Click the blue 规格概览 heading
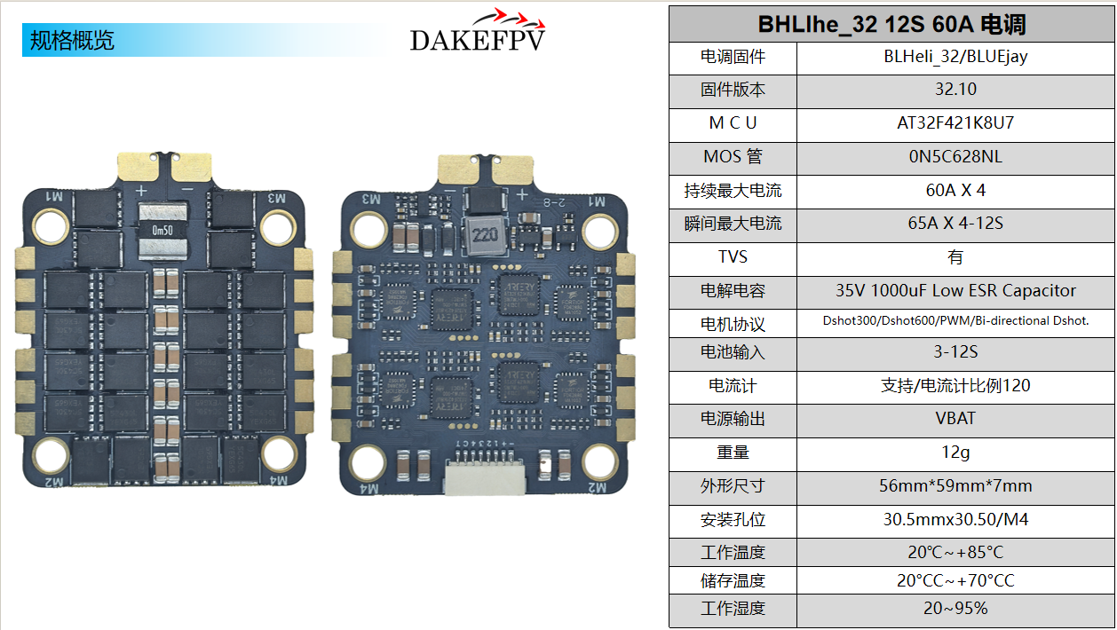[x=73, y=41]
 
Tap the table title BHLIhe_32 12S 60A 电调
[x=891, y=24]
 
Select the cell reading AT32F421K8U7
[x=955, y=123]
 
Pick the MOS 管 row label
[x=733, y=157]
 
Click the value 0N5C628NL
[x=955, y=157]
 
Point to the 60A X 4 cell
[x=955, y=191]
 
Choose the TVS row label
[x=733, y=257]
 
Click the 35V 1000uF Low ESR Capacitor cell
[x=955, y=291]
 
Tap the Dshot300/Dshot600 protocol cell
[x=955, y=321]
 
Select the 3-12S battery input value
[x=955, y=352]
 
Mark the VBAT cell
[x=955, y=419]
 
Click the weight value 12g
[x=955, y=453]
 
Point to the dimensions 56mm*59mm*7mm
[x=955, y=486]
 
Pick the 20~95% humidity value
[x=955, y=609]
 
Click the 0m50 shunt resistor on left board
[x=163, y=229]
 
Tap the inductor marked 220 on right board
[x=483, y=236]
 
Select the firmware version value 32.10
[x=955, y=90]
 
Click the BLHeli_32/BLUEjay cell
[x=955, y=57]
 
